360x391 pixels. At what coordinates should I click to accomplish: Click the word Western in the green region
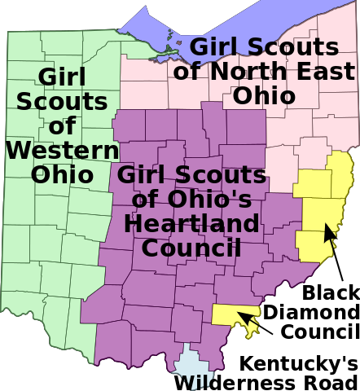point(62,150)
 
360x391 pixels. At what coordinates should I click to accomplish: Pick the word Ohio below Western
point(62,174)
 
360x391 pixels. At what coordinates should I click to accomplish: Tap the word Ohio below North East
point(263,94)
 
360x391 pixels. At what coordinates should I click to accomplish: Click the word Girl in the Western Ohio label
point(62,77)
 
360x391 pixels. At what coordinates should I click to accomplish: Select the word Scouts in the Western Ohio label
point(62,102)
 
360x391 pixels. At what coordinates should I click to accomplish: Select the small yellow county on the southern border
point(228,314)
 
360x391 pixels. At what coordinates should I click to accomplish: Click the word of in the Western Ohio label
point(62,126)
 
